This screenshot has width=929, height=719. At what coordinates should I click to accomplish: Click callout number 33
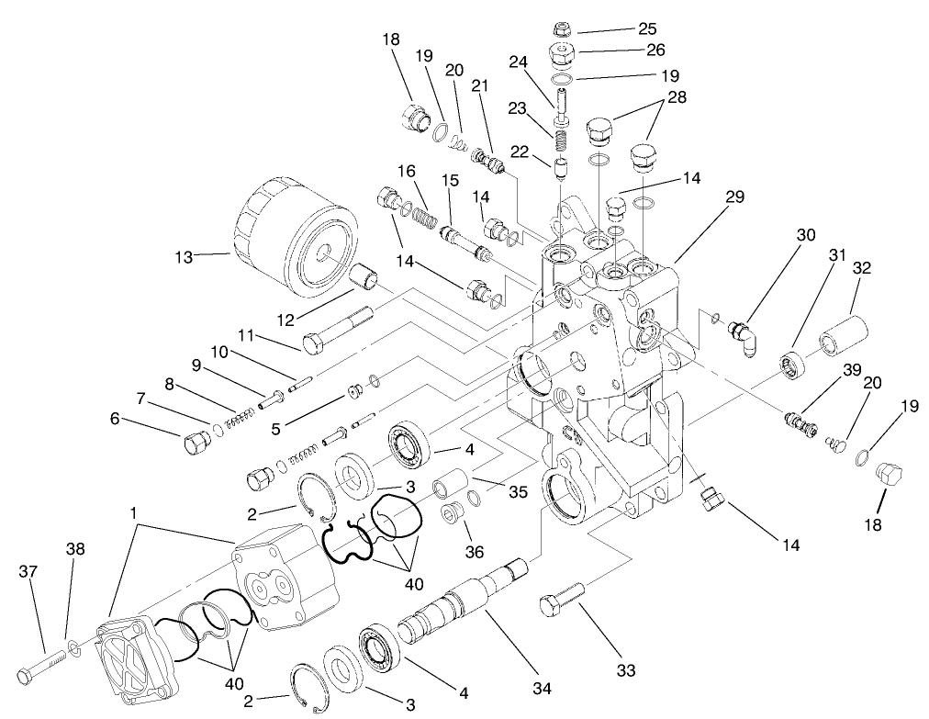(626, 671)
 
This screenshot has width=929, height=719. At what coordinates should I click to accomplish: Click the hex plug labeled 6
(196, 444)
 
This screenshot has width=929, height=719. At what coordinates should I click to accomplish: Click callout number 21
(479, 85)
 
